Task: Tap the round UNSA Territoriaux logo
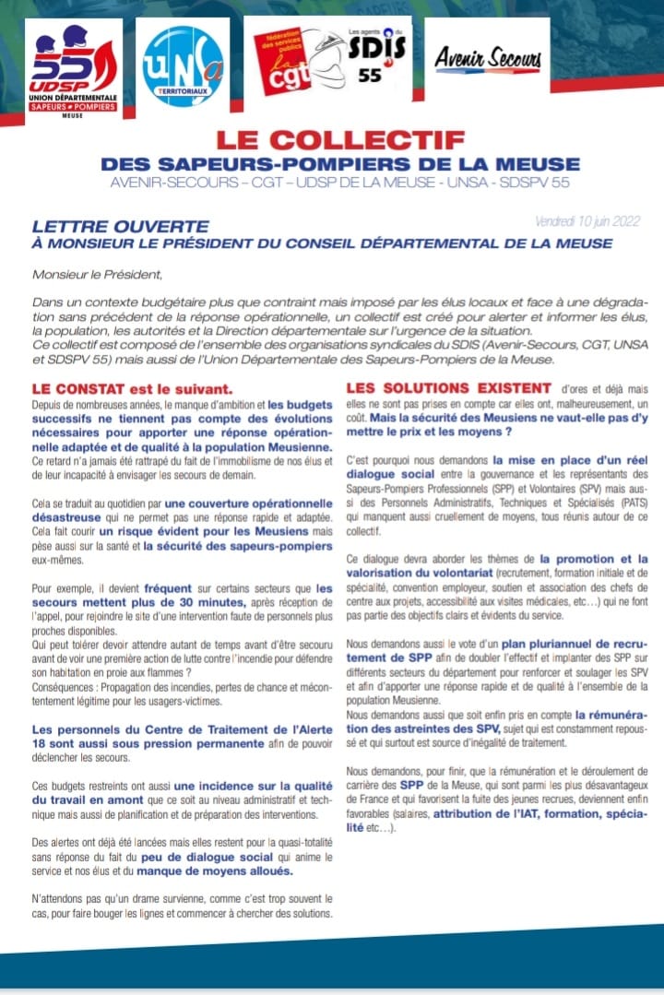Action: (183, 66)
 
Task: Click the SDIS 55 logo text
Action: (373, 57)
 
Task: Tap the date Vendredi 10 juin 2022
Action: (587, 222)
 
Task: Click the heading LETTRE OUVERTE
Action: (120, 226)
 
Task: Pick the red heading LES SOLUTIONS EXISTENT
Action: (448, 388)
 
